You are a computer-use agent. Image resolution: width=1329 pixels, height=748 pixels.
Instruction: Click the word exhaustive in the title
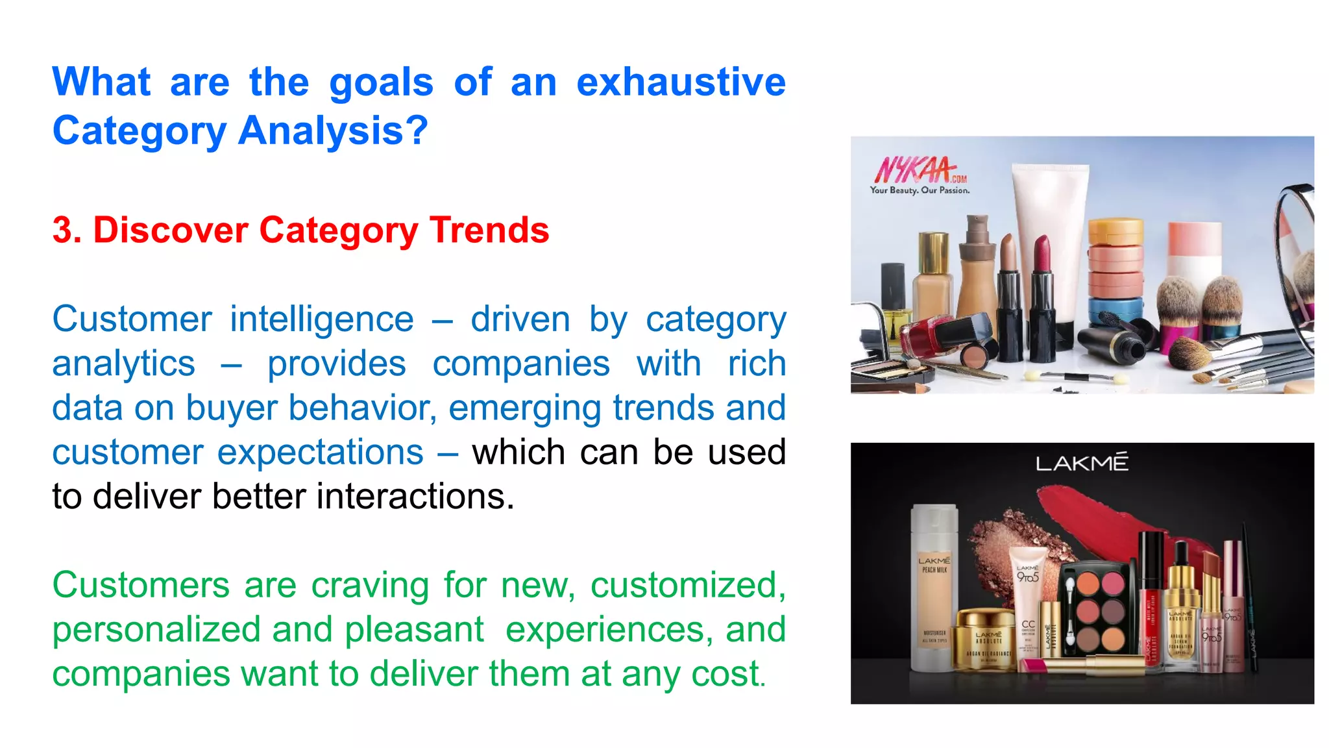click(x=681, y=82)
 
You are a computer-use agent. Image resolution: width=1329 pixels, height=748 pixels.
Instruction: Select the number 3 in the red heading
click(x=63, y=231)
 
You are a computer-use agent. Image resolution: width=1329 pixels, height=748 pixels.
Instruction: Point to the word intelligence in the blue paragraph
click(x=322, y=319)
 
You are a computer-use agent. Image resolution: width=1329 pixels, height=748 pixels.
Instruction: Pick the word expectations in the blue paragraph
click(x=320, y=453)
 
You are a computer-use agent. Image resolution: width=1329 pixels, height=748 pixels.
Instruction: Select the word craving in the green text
click(x=370, y=586)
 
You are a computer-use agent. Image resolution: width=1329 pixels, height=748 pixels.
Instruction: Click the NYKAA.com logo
click(x=918, y=171)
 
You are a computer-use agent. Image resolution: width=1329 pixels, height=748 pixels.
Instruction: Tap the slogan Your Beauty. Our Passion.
click(x=920, y=190)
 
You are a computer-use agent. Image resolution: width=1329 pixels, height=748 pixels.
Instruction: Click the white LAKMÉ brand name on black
click(x=1082, y=463)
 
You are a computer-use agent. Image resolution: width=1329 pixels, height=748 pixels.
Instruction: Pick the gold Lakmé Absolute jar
click(x=986, y=640)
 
